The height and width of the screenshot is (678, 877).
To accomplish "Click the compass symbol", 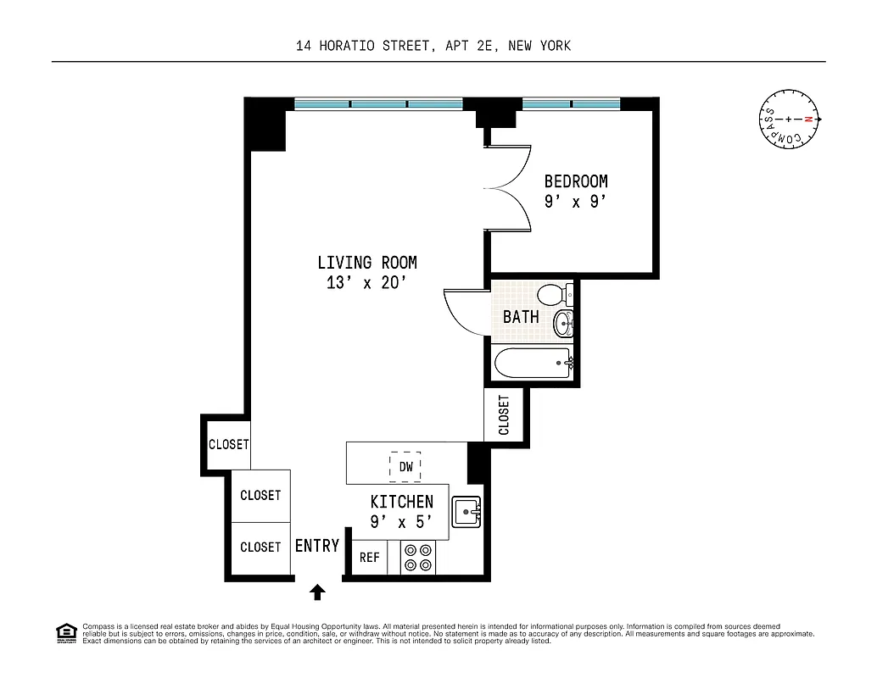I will [x=789, y=119].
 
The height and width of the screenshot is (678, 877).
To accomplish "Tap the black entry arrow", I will [x=318, y=592].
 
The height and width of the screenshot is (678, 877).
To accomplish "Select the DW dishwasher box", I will [x=405, y=466].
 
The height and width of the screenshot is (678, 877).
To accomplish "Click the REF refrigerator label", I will [x=369, y=558].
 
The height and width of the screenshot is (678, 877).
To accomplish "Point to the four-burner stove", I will [x=416, y=557].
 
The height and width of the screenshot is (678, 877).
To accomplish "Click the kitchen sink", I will [x=466, y=511].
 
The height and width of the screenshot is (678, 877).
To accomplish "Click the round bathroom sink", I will [x=563, y=323].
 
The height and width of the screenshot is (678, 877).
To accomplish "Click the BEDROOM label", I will [x=576, y=181].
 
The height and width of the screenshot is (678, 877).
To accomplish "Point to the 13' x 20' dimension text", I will [x=367, y=284].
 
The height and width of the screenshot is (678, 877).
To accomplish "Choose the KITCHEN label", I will [x=401, y=502].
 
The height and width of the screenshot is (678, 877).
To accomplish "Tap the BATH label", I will [x=521, y=317].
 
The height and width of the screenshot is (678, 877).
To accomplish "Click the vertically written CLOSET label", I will [x=505, y=414].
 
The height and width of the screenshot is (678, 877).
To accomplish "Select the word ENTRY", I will [x=317, y=547].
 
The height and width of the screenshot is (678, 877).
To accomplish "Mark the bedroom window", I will [x=572, y=104].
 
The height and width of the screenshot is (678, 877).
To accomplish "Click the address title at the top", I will [x=433, y=46].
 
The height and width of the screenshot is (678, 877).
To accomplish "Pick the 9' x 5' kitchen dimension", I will [x=401, y=523].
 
